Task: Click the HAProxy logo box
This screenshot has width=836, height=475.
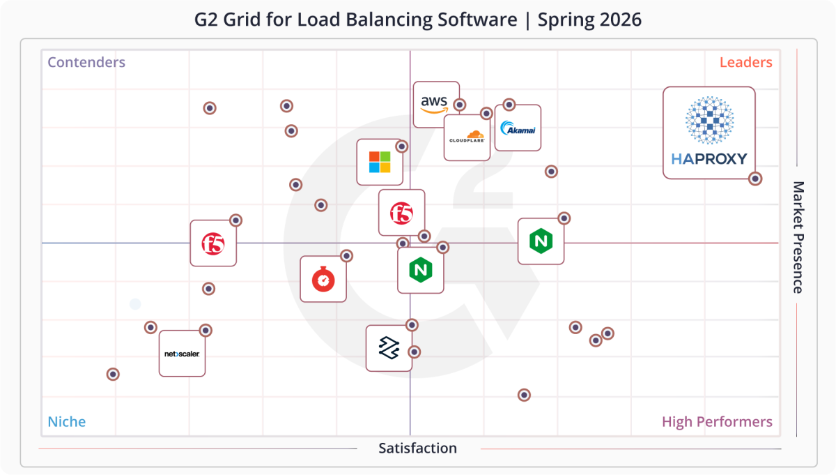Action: (709, 133)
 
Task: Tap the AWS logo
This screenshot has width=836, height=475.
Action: (434, 103)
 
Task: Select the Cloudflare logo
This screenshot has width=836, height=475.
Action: (466, 137)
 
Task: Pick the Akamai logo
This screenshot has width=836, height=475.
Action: (518, 128)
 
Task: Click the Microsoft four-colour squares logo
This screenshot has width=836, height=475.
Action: (380, 162)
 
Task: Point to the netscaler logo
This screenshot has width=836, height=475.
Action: (182, 354)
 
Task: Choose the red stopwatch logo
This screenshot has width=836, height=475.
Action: (323, 279)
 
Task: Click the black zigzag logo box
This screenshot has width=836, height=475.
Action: (388, 347)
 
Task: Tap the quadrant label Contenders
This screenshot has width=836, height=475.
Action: (86, 62)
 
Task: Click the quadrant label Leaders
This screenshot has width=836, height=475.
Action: (745, 62)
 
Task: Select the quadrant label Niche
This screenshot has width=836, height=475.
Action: (67, 422)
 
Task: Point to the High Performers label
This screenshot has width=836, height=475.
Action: (717, 422)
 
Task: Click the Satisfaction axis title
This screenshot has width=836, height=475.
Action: (417, 448)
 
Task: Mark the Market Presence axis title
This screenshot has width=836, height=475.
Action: (798, 237)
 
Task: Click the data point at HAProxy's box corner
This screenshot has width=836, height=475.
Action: (754, 179)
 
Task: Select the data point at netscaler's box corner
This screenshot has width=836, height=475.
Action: (206, 331)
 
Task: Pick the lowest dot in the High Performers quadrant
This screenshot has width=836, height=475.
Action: (524, 395)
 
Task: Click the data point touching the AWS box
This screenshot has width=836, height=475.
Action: (460, 105)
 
